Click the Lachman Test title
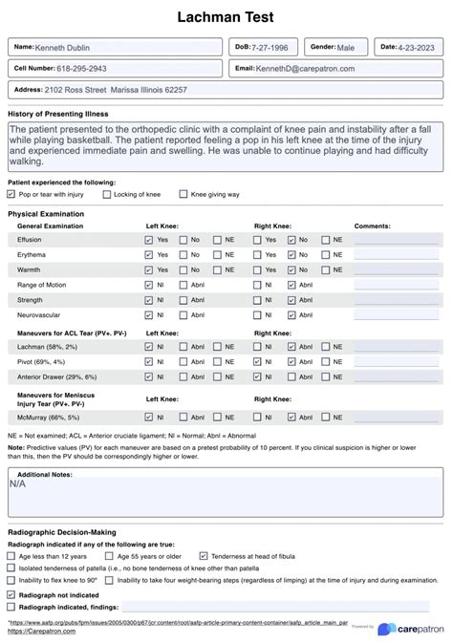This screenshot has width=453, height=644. pyautogui.click(x=226, y=17)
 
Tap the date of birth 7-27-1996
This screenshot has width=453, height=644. pyautogui.click(x=267, y=47)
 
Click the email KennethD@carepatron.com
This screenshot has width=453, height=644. pyautogui.click(x=305, y=69)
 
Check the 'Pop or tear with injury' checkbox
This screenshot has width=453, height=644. pyautogui.click(x=11, y=194)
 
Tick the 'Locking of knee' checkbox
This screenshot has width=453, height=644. pyautogui.click(x=107, y=194)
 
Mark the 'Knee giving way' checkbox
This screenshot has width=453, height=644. pyautogui.click(x=184, y=194)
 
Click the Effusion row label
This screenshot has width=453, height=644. pyautogui.click(x=30, y=241)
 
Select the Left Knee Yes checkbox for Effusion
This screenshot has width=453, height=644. pyautogui.click(x=148, y=241)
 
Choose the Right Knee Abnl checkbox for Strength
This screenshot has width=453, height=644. pyautogui.click(x=292, y=300)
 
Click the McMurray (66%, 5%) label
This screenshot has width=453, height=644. pyautogui.click(x=48, y=418)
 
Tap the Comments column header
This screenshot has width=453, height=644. pyautogui.click(x=372, y=225)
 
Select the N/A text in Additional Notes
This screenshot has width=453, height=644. pyautogui.click(x=18, y=484)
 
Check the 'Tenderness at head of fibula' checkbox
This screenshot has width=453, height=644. pyautogui.click(x=204, y=555)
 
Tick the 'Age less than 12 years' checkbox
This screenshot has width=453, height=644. pyautogui.click(x=11, y=555)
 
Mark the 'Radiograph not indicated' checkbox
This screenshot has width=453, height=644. pyautogui.click(x=11, y=593)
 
